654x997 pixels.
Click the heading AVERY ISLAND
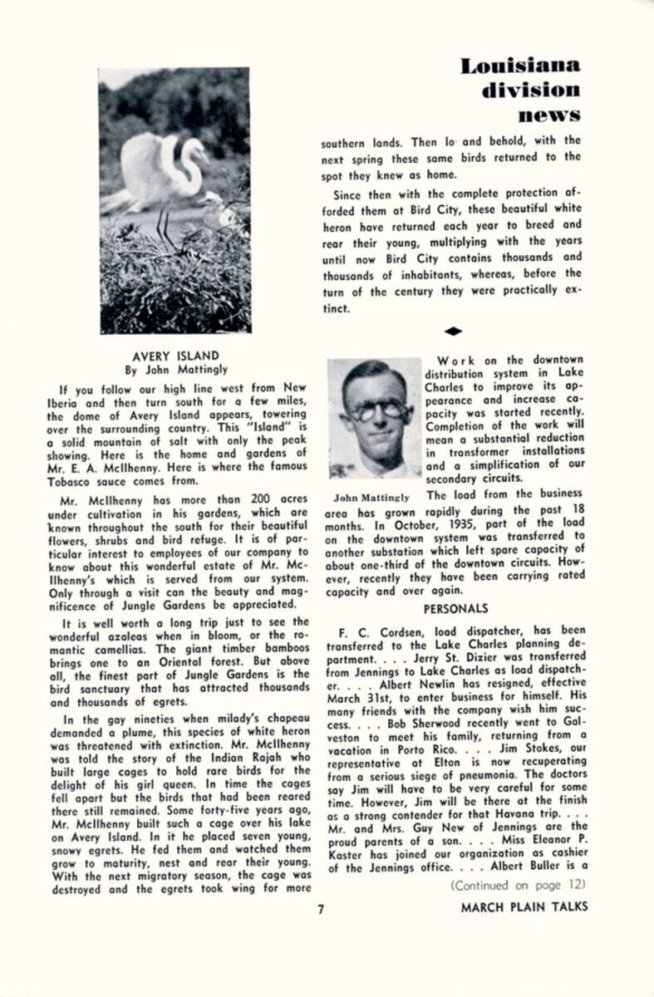click(x=175, y=356)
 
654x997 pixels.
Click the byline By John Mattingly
click(x=175, y=370)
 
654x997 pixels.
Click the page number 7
click(x=321, y=907)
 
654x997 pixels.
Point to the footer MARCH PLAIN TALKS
click(x=524, y=906)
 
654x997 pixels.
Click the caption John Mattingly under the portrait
click(x=371, y=498)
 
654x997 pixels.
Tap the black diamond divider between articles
click(x=453, y=331)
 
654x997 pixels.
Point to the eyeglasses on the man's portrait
click(x=376, y=409)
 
